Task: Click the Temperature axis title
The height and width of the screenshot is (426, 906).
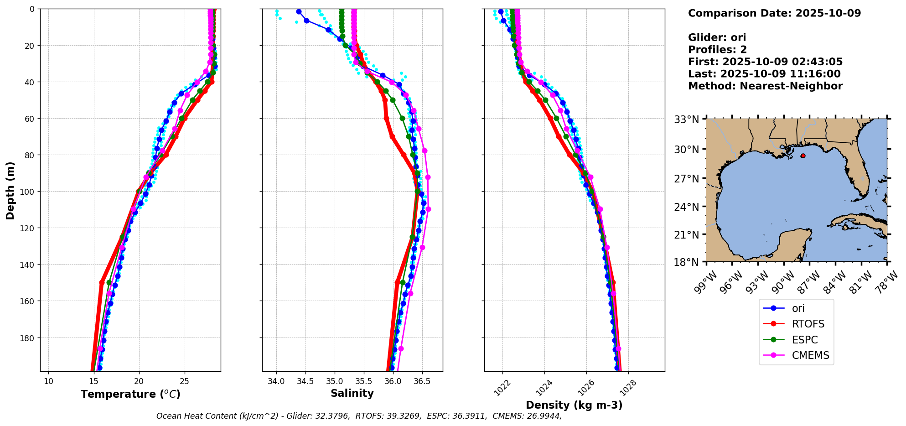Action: (130, 394)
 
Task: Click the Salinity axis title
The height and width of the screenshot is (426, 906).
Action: (352, 393)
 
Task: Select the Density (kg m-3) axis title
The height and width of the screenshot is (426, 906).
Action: (574, 405)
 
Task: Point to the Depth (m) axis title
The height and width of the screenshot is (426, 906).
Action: (10, 190)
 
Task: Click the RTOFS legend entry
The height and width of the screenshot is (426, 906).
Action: (808, 324)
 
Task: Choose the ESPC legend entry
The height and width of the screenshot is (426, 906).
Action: (805, 340)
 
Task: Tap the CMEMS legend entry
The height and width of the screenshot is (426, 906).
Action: (810, 355)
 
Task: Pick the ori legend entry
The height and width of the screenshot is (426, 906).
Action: (798, 308)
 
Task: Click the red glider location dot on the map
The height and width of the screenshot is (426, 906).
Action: (802, 156)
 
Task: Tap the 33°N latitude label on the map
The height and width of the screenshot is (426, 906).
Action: (687, 119)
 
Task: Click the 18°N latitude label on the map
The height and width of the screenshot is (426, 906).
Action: (687, 262)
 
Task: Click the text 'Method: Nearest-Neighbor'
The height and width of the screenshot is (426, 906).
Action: (765, 86)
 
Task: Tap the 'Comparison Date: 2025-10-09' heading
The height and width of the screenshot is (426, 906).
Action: (774, 13)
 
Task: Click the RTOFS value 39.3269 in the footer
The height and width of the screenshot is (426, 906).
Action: (404, 416)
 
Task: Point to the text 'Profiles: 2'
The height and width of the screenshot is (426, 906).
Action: (717, 49)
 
